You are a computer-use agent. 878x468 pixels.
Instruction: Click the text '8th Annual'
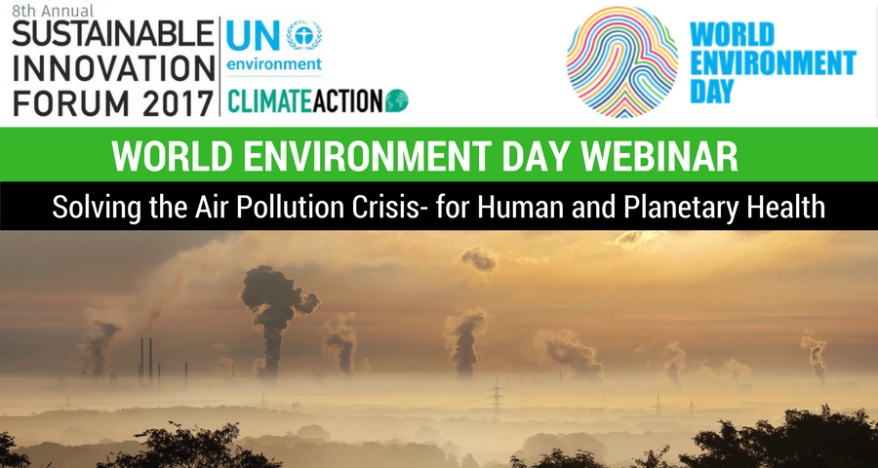click(x=53, y=10)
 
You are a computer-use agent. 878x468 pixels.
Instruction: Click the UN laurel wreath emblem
click(x=304, y=35)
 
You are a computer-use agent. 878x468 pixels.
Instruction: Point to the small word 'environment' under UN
click(x=274, y=63)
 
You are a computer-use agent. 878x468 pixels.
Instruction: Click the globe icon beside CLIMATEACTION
click(x=396, y=100)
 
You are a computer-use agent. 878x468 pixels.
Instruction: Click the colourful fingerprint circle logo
click(x=622, y=61)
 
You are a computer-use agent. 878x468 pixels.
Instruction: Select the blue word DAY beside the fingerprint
click(x=712, y=91)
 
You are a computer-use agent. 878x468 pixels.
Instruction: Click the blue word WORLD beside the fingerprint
click(x=732, y=34)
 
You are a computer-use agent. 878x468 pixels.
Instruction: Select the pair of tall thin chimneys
click(x=145, y=358)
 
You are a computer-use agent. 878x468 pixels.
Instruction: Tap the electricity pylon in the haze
click(x=496, y=397)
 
